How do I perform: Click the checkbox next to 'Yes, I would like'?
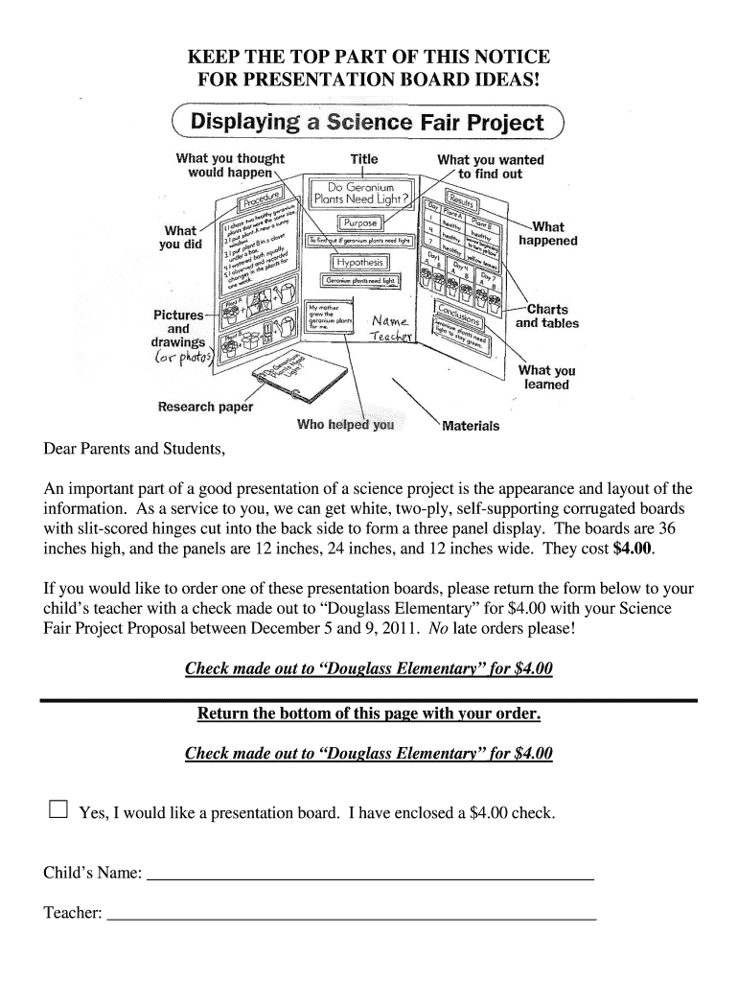58,810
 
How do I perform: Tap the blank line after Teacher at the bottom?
351,918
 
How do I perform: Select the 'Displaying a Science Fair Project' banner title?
367,124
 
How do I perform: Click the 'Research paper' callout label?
205,407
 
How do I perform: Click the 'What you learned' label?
546,377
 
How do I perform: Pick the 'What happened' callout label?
547,234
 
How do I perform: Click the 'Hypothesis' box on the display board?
359,262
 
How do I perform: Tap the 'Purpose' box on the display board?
354,222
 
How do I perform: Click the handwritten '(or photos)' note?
185,359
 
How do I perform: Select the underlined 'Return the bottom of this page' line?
369,713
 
